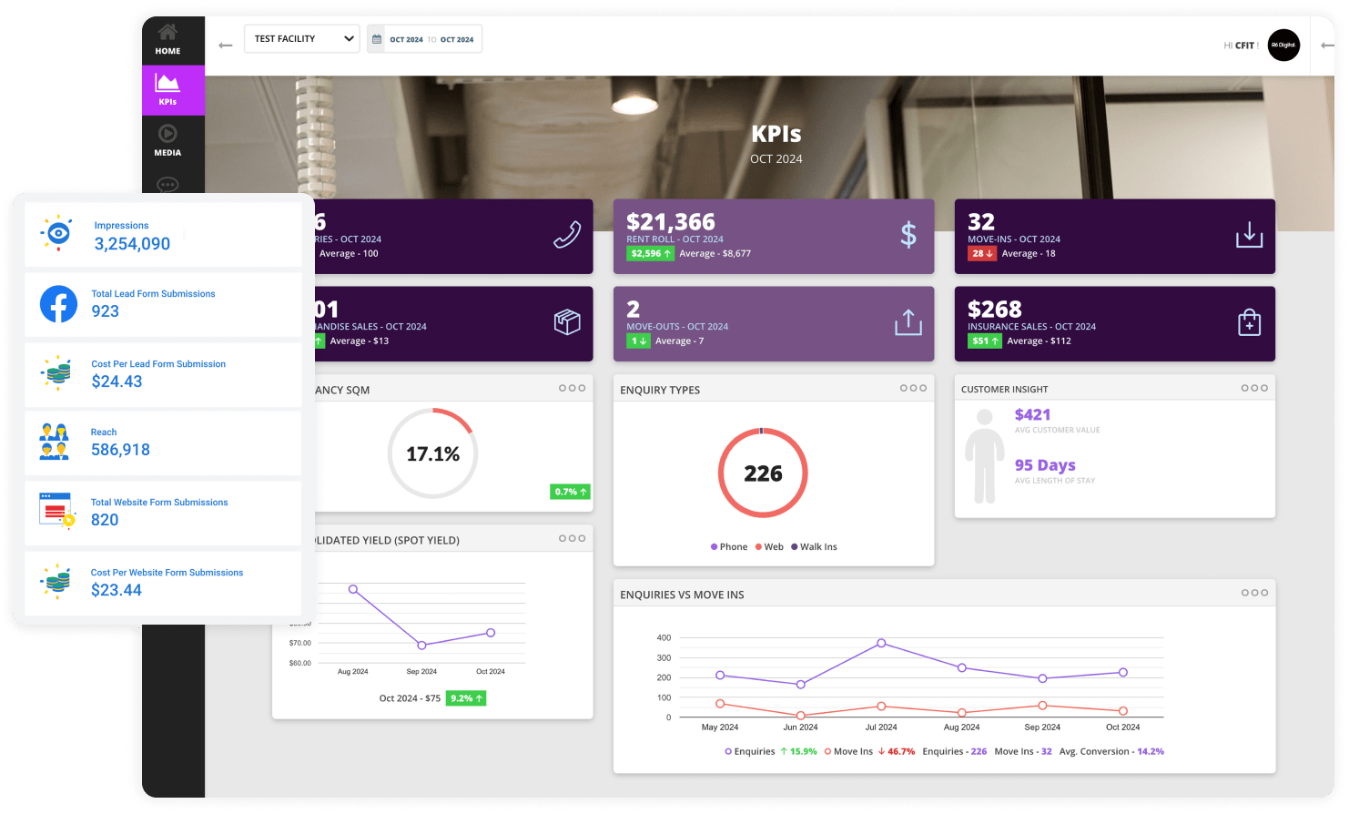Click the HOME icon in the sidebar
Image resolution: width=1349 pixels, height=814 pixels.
click(167, 33)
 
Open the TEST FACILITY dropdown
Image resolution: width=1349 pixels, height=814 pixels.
click(302, 39)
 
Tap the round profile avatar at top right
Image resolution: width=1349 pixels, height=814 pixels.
click(1283, 45)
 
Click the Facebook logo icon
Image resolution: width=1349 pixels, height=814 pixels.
click(58, 304)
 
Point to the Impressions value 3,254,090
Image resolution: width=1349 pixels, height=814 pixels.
click(132, 244)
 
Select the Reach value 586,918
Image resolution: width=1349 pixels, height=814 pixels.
click(120, 450)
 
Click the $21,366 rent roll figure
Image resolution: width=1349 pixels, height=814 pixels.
click(671, 221)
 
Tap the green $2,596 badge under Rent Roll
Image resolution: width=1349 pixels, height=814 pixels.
click(650, 254)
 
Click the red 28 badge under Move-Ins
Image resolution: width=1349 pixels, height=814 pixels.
click(981, 254)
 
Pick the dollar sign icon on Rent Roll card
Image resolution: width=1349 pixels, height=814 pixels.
click(908, 235)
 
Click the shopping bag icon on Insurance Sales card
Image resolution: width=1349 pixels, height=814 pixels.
click(1249, 322)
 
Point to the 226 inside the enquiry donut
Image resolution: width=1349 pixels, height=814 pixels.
click(763, 473)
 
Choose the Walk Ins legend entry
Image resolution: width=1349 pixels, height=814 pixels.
click(814, 547)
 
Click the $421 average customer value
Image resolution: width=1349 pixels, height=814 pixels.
click(1032, 415)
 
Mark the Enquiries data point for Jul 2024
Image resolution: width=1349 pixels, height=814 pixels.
click(881, 643)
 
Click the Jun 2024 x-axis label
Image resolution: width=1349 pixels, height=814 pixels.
click(800, 728)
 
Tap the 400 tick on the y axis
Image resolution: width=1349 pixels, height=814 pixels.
click(664, 638)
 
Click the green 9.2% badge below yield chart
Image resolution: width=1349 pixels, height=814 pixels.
click(466, 698)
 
